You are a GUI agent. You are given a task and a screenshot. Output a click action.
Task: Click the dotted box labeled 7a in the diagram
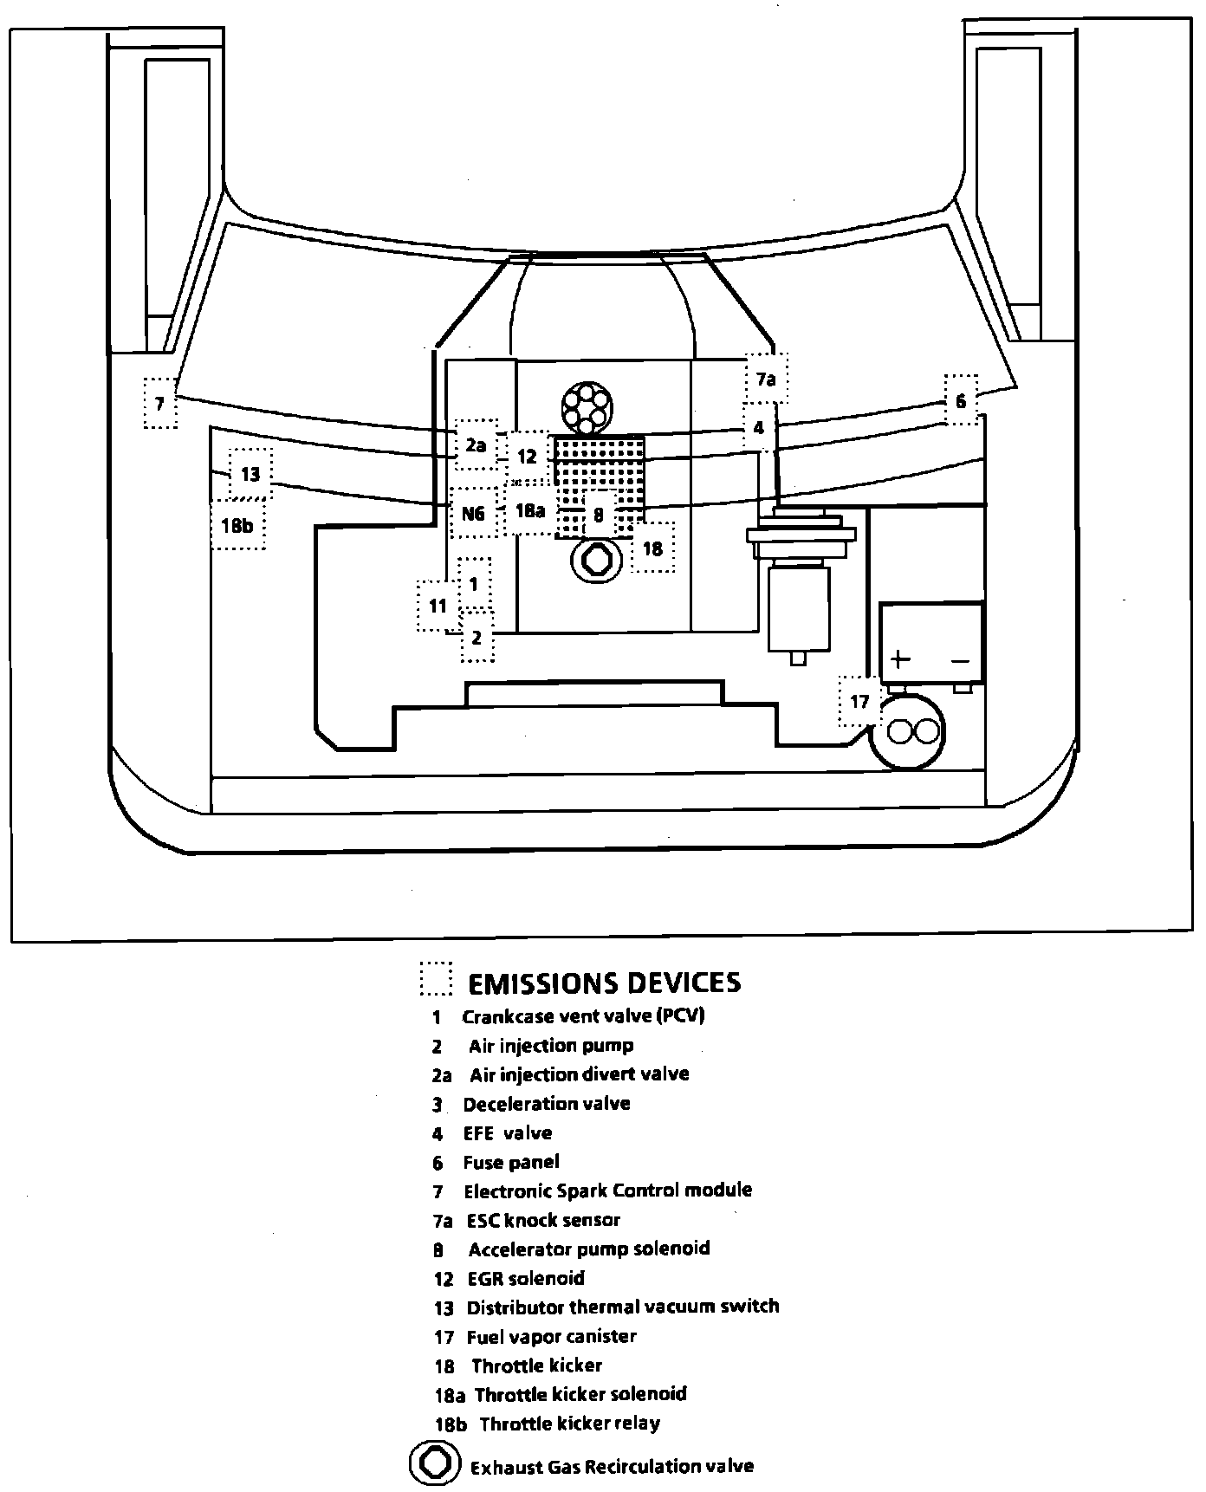click(x=766, y=379)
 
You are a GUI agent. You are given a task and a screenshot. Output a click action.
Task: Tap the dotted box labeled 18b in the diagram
click(x=237, y=524)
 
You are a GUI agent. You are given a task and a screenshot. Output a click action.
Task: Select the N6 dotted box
click(x=473, y=513)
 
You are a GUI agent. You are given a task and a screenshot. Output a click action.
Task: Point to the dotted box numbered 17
click(x=859, y=701)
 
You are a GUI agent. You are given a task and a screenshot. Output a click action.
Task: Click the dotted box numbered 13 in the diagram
click(x=250, y=475)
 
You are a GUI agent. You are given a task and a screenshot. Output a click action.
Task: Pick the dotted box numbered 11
click(x=438, y=606)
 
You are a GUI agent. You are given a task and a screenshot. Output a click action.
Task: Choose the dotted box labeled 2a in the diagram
click(x=476, y=445)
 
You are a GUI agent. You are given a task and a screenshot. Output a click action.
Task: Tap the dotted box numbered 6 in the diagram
click(x=961, y=400)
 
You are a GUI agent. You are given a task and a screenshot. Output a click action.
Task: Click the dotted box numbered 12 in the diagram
click(x=528, y=456)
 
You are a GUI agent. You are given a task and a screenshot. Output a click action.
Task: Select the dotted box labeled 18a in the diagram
click(x=529, y=511)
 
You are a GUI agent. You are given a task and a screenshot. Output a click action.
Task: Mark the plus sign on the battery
click(x=901, y=659)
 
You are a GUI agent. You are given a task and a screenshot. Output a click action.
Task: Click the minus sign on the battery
click(x=960, y=661)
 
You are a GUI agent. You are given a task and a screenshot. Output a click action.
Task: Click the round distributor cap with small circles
click(x=587, y=407)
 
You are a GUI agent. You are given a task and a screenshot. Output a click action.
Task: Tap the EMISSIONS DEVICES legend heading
click(x=604, y=983)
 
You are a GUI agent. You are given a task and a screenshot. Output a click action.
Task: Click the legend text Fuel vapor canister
click(x=551, y=1336)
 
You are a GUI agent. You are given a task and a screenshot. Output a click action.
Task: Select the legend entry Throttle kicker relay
click(x=569, y=1424)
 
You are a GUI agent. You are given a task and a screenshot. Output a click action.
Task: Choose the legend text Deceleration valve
click(x=547, y=1104)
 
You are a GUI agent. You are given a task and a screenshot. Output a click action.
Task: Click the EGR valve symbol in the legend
click(x=432, y=1463)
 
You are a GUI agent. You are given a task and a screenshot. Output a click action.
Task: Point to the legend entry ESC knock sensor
click(x=543, y=1220)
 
